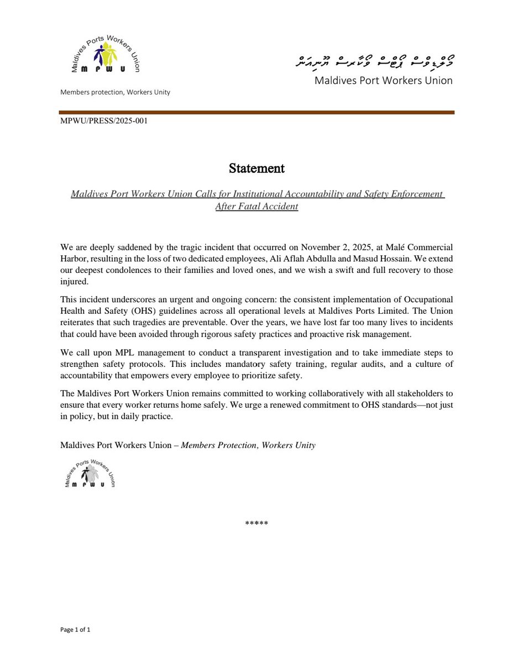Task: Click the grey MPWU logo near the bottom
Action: [90, 473]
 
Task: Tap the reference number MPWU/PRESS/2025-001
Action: [103, 120]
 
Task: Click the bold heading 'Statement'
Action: [256, 169]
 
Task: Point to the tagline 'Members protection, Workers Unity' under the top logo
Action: [115, 92]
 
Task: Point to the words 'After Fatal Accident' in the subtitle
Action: [256, 206]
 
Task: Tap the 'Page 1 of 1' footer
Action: [75, 630]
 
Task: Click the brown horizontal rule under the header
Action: [256, 112]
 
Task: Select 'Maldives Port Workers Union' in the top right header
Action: [384, 81]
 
